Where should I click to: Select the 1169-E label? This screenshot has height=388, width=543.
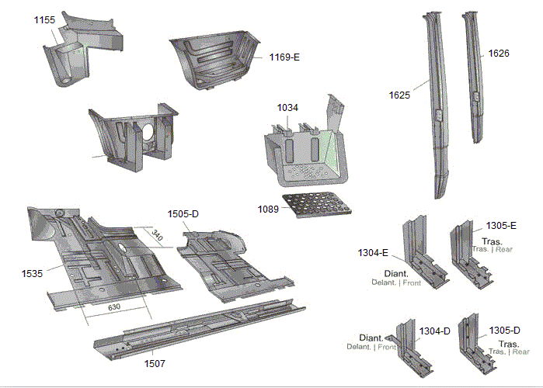pyautogui.click(x=284, y=57)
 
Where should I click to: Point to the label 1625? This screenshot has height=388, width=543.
pyautogui.click(x=399, y=95)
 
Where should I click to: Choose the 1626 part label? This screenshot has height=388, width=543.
pyautogui.click(x=499, y=54)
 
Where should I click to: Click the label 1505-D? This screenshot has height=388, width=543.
pyautogui.click(x=183, y=213)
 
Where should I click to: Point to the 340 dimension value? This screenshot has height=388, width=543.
pyautogui.click(x=158, y=234)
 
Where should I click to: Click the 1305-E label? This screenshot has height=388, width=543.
pyautogui.click(x=501, y=225)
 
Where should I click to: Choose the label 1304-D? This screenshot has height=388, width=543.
pyautogui.click(x=434, y=331)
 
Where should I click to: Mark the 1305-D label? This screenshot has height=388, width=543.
pyautogui.click(x=504, y=330)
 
